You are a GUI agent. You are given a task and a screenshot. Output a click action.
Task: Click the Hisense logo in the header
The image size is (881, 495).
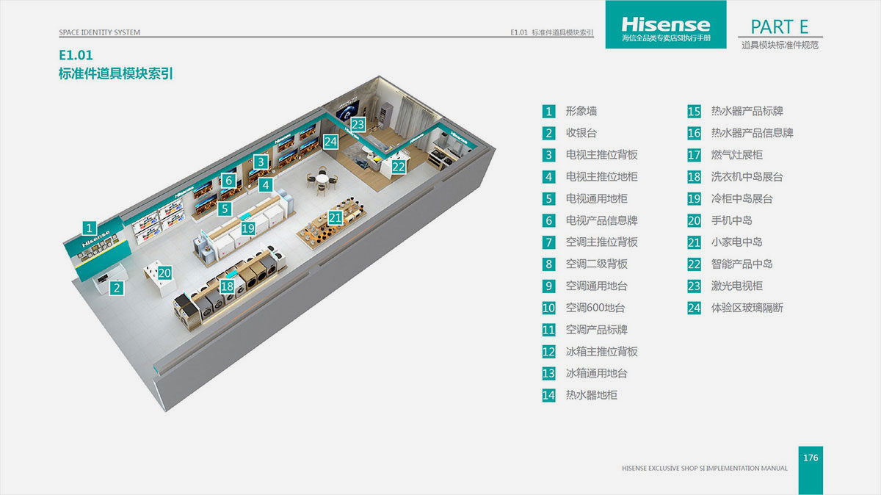click(x=665, y=25)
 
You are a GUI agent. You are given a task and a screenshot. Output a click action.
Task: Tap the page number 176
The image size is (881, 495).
click(x=811, y=458)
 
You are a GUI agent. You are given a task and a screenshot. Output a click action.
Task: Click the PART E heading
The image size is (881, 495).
click(x=779, y=27)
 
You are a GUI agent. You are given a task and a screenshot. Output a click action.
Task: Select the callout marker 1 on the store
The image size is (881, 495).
click(x=88, y=228)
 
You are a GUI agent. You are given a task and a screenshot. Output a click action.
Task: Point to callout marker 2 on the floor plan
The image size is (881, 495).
click(x=116, y=288)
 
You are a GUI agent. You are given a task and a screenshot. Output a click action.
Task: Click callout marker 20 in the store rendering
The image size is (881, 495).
click(x=164, y=272)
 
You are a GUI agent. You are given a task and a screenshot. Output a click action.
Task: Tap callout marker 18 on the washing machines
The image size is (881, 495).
click(x=228, y=286)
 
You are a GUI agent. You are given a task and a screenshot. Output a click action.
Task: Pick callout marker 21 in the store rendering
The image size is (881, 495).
click(x=336, y=217)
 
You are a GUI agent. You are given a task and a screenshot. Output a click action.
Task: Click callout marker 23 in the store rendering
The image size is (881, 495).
click(x=358, y=124)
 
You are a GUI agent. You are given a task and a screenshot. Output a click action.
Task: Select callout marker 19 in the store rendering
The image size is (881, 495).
click(x=248, y=228)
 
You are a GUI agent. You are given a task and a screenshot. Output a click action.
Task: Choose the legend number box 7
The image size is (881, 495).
click(x=549, y=242)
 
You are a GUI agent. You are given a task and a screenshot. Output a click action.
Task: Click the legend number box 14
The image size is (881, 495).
click(x=549, y=395)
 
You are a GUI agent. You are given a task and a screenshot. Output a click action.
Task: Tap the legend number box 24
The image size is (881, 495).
click(x=695, y=308)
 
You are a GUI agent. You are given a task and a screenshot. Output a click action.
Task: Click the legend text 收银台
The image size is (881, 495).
click(x=581, y=133)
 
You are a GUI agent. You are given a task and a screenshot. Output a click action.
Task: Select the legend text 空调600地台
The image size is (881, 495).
click(x=595, y=308)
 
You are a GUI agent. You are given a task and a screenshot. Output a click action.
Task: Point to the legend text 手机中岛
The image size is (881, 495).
click(x=731, y=220)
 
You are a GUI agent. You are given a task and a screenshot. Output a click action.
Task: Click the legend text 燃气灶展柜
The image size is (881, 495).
click(x=736, y=155)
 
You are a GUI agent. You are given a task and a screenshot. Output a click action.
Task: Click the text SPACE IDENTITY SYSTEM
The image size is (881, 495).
click(x=99, y=33)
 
